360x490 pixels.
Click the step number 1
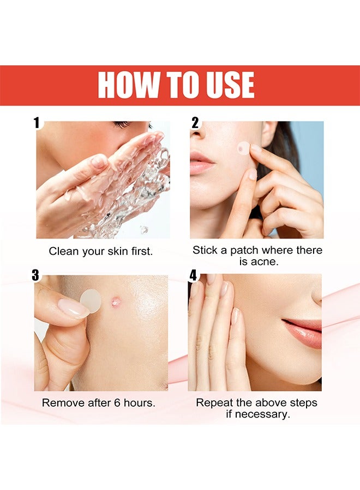tap(37, 123)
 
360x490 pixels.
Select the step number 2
tap(195, 123)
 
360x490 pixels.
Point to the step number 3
tap(35, 275)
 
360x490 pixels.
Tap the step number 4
tap(193, 275)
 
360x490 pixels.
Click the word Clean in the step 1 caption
tap(62, 252)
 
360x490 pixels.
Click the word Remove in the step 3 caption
tap(61, 403)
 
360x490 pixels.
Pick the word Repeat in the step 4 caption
tap(213, 403)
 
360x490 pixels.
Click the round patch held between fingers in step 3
tap(91, 301)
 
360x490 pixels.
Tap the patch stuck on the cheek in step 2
tap(243, 148)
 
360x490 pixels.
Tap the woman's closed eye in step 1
tap(123, 125)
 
